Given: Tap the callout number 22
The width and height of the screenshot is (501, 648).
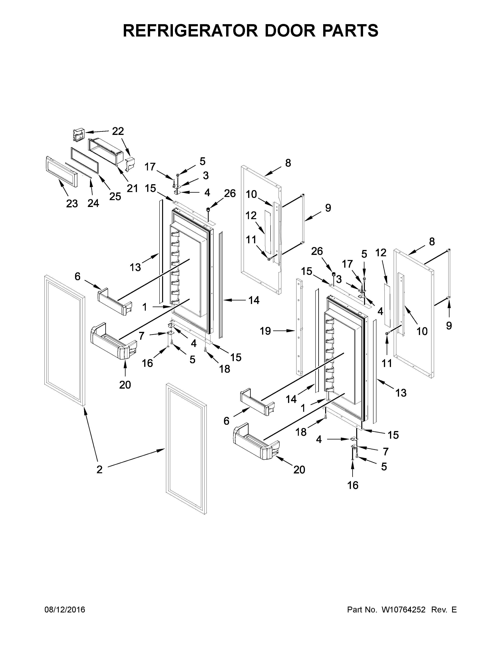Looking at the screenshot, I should pos(118,131).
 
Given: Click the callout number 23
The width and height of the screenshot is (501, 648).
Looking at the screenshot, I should pos(72,204).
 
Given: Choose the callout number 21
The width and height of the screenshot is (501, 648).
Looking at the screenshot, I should pos(132,188).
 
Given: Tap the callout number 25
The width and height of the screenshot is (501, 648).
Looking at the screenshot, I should pos(115,196).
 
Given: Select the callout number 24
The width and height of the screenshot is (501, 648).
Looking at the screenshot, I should pos(93,203).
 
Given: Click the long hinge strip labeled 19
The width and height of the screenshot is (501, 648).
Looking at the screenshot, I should pos(299,326).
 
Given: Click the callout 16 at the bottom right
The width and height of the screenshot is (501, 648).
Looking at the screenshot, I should pos(353,485).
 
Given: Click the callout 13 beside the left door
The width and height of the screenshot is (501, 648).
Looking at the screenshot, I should pos(135,267).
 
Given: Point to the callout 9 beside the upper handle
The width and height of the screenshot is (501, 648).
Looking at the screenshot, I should pos(328,208).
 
